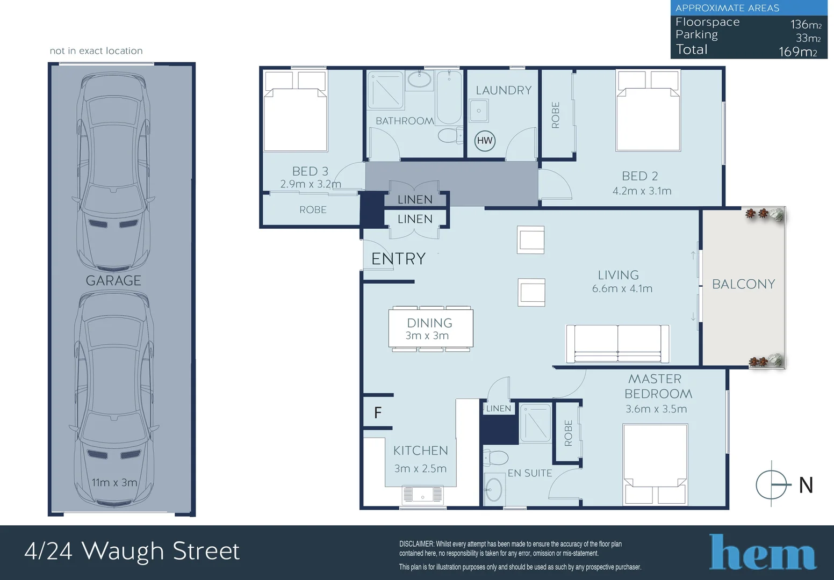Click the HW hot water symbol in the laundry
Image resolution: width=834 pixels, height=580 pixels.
(485, 141)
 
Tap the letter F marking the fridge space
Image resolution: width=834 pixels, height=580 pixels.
(378, 412)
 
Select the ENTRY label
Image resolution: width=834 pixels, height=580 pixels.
(398, 259)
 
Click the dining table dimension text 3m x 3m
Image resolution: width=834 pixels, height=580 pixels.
(427, 336)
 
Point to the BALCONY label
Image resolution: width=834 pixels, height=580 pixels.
(743, 284)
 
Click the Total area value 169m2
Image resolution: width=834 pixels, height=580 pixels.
(797, 52)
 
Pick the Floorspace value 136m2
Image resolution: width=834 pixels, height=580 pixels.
(806, 25)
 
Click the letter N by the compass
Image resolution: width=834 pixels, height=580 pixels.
(806, 485)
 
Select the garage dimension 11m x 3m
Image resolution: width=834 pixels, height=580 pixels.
(114, 482)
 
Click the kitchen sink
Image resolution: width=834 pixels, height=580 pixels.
(423, 495)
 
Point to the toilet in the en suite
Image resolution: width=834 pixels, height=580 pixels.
(495, 458)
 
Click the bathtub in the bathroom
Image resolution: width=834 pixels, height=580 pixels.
(449, 98)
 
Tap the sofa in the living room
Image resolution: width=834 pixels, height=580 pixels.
(617, 344)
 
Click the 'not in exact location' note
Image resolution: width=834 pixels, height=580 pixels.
(96, 51)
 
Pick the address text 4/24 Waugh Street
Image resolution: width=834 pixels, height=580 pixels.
(132, 551)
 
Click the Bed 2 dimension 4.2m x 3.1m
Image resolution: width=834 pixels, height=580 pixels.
(642, 191)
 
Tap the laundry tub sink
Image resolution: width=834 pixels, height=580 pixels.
(478, 111)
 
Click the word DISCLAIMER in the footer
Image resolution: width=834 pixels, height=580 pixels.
(416, 544)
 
